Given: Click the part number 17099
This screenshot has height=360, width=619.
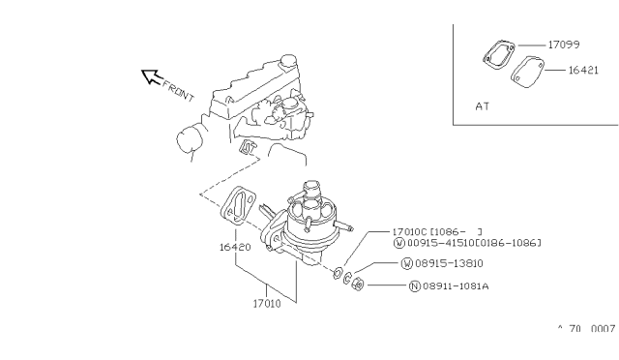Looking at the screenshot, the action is tap(564, 45).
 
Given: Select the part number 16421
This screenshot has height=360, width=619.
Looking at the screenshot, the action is tap(583, 71).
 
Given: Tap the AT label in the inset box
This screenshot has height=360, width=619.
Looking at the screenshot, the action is tap(483, 106).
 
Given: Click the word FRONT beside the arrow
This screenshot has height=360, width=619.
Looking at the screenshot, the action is tap(178, 91).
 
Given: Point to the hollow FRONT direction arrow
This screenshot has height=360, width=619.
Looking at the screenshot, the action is tap(151, 76).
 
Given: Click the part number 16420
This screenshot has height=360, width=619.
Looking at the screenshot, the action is tap(235, 247).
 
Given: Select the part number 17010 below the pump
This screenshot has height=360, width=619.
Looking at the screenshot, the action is tap(267, 304).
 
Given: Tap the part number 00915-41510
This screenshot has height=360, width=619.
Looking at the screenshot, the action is tap(441, 243).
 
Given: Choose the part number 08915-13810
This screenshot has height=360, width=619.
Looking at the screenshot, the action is tap(449, 263).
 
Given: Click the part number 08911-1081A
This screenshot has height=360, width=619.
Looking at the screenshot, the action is tap(456, 285).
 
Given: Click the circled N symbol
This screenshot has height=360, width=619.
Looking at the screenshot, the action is tap(415, 286).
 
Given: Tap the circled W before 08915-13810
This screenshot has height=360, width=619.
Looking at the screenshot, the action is tap(406, 263).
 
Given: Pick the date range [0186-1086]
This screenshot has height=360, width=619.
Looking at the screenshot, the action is tap(508, 243).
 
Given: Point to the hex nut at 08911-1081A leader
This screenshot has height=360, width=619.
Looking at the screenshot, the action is tap(358, 284).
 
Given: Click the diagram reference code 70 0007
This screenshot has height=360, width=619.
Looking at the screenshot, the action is tap(592, 328).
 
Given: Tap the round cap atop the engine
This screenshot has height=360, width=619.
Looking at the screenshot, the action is tap(288, 61).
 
